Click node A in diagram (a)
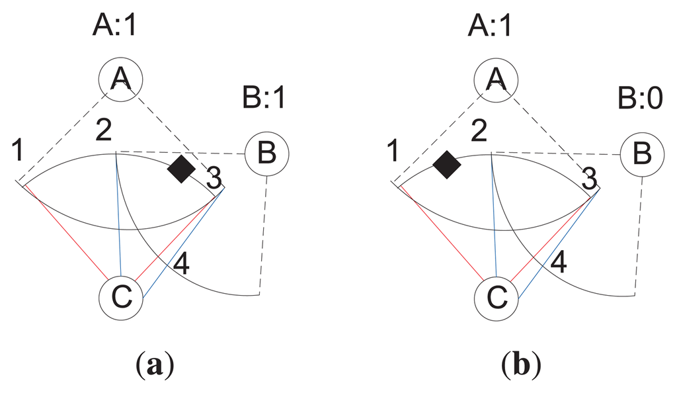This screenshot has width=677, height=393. click(x=120, y=79)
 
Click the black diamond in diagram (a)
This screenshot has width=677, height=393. click(x=181, y=169)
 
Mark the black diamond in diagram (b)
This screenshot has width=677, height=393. click(x=447, y=164)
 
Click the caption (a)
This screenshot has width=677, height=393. click(x=157, y=365)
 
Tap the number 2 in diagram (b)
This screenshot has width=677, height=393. click(x=478, y=135)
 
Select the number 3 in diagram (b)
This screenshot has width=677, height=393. click(x=588, y=177)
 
